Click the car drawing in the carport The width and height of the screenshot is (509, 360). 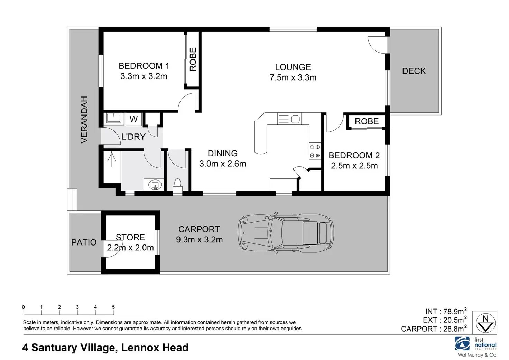pos(286,233)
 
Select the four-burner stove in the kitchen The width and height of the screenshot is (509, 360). pos(315,151)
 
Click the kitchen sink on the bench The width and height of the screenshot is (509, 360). pos(289,119)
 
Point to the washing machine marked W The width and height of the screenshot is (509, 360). pos(133,119)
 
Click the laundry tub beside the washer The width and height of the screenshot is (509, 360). pos(114,118)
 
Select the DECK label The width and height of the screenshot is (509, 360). pos(414,71)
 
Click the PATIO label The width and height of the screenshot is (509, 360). pos(84,242)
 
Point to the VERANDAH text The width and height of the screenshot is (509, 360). pos(84,120)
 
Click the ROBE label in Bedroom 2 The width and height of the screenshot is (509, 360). pos(367,121)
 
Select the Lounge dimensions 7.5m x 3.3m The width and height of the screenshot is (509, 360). pos(293,77)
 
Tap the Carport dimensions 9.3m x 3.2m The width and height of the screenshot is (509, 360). pos(199,240)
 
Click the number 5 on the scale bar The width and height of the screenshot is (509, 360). pos(113,307)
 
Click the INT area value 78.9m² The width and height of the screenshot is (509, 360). pos(455,311)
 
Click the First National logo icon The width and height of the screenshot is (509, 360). pos(462,344)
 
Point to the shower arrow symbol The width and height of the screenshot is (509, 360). pos(112,160)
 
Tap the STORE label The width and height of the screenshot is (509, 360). pos(130,237)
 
